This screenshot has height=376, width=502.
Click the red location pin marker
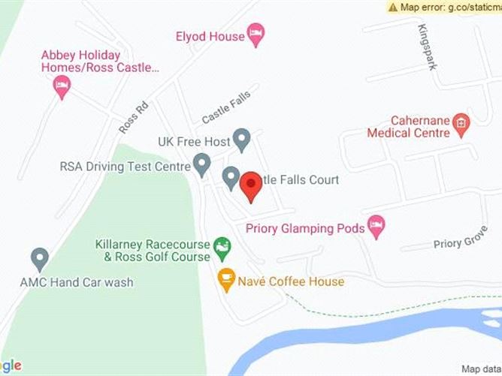click(x=250, y=185)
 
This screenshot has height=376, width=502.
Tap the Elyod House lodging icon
click(x=256, y=34)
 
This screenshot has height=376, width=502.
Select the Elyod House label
click(x=210, y=35)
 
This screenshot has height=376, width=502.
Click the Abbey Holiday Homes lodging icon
click(x=62, y=86)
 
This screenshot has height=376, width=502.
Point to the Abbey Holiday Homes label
click(x=100, y=61)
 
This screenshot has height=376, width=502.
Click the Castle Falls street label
click(x=225, y=106)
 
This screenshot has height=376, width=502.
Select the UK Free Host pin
click(x=241, y=139)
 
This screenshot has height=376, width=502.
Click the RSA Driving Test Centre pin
click(x=201, y=164)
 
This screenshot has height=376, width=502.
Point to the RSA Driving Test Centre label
click(x=124, y=166)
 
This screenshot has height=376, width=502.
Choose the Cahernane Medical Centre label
click(x=408, y=127)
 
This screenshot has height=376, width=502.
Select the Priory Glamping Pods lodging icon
click(x=376, y=226)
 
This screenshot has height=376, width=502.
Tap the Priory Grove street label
click(x=461, y=242)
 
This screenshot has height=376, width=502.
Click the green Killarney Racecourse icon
click(x=222, y=245)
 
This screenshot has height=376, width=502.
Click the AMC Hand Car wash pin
click(x=40, y=260)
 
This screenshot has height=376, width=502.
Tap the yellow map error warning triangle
click(x=394, y=7)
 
